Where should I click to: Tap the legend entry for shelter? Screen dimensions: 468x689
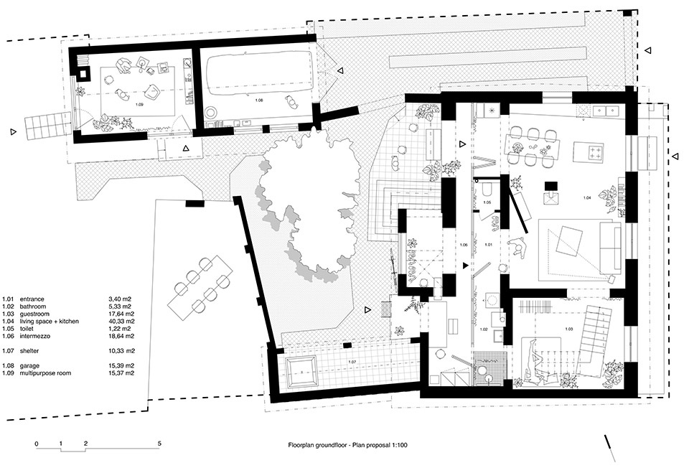click(26, 350)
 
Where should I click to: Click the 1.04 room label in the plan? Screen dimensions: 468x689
click(586, 197)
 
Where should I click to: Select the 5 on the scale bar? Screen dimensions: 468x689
click(159, 444)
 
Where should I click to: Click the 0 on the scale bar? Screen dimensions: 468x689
click(37, 444)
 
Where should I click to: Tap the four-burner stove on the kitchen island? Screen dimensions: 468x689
click(596, 151)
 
